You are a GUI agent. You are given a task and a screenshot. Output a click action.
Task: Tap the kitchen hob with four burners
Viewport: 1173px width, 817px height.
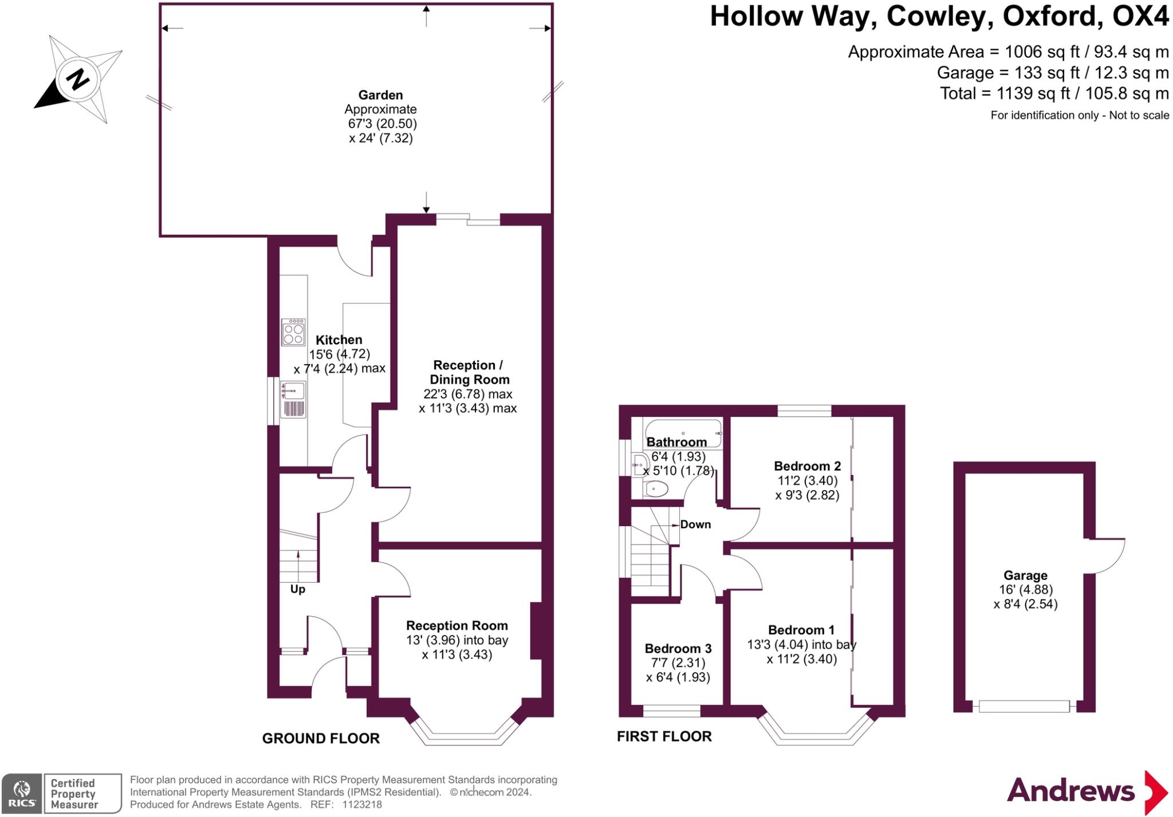[293, 332]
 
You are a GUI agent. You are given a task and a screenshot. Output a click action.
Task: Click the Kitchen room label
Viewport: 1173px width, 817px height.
[339, 340]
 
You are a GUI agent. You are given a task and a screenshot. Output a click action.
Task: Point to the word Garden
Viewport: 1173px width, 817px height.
[381, 95]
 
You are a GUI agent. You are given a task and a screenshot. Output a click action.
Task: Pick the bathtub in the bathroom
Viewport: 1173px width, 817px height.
[682, 433]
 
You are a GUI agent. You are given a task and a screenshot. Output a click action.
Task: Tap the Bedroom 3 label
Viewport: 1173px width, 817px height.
[678, 649]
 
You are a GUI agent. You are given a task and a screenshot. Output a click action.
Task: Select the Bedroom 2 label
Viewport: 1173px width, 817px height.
[808, 466]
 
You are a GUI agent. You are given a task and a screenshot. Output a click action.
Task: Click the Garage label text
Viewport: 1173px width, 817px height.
[1025, 575]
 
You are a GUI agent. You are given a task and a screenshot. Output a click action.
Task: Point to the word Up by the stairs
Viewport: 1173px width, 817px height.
[298, 589]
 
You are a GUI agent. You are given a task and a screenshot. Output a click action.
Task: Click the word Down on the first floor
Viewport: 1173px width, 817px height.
[695, 524]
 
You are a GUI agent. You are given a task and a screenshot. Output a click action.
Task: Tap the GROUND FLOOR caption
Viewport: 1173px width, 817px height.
[321, 739]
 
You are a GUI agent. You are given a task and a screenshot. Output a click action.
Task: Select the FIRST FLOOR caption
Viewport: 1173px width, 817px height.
[664, 736]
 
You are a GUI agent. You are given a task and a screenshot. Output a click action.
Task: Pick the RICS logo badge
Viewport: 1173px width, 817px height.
[22, 794]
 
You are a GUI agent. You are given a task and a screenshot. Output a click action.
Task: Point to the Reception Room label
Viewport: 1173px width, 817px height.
[457, 626]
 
